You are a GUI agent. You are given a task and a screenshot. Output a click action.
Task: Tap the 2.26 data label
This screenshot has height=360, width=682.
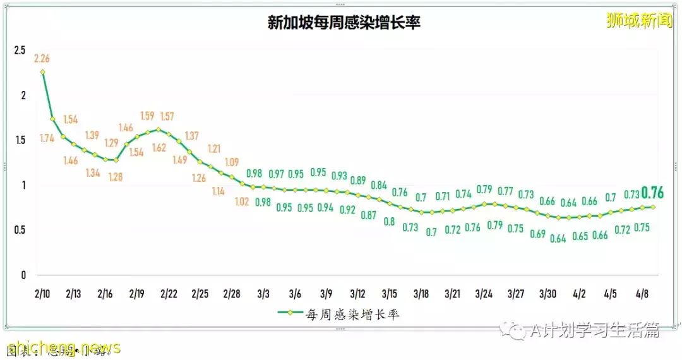tap(42, 59)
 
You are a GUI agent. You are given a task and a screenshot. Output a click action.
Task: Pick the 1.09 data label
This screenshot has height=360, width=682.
tap(232, 161)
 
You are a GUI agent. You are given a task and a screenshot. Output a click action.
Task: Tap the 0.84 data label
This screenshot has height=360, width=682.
tap(379, 185)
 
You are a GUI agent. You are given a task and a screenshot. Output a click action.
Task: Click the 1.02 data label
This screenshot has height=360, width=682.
tap(242, 203)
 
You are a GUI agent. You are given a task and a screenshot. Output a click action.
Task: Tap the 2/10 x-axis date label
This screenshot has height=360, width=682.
tap(43, 294)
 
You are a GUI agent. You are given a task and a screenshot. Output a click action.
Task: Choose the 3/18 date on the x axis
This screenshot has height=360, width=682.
tap(421, 294)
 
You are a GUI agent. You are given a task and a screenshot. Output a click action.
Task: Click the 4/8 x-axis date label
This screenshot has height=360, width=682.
tap(642, 294)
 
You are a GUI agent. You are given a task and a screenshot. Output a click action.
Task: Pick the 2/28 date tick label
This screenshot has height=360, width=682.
tap(232, 294)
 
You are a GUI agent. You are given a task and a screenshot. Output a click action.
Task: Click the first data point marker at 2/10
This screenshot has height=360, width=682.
tap(43, 72)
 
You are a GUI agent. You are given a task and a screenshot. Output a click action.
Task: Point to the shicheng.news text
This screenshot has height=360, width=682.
tap(63, 347)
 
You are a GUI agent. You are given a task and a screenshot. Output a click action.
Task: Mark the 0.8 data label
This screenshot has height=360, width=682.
tap(389, 222)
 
